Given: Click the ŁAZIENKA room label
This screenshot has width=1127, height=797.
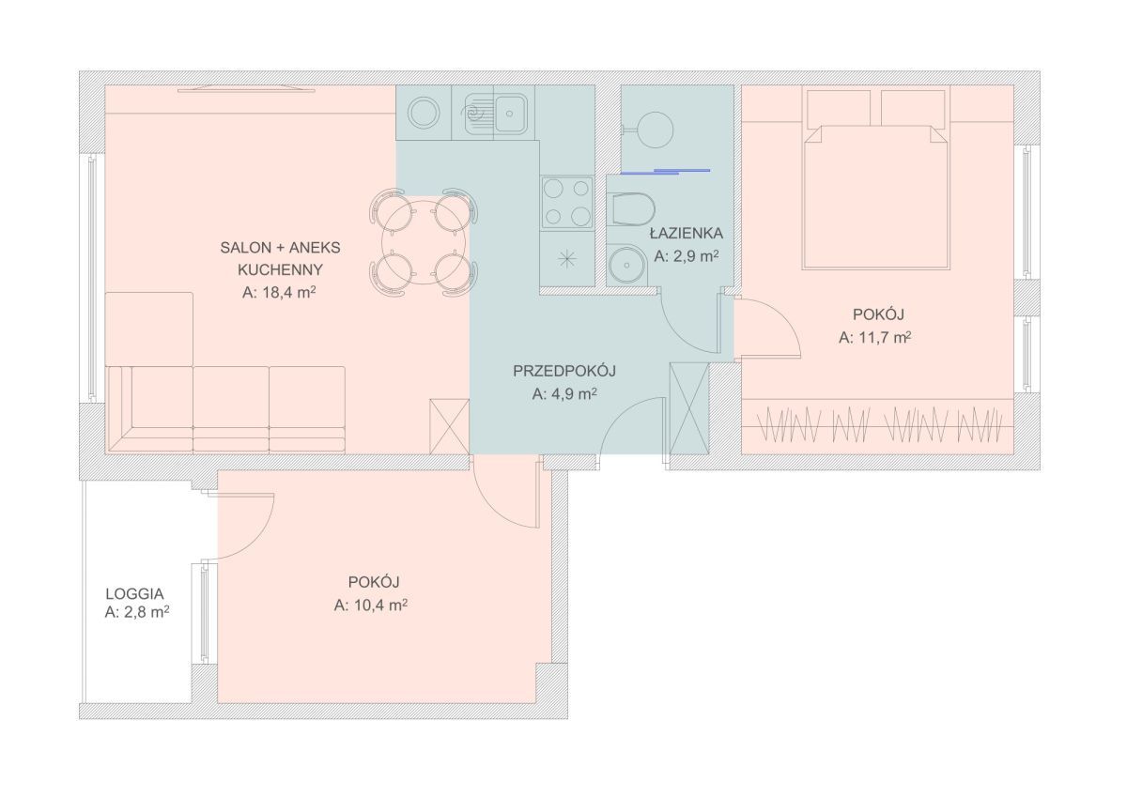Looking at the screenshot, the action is point(687,234).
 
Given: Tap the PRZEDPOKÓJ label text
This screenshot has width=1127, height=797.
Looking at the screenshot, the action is point(564,371).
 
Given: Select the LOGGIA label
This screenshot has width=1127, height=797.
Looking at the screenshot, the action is point(134,594).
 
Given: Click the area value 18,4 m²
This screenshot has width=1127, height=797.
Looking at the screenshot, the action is point(279,293).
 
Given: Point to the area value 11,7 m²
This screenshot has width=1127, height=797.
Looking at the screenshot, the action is point(875,337).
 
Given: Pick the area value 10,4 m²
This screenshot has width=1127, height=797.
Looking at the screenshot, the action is point(370,605).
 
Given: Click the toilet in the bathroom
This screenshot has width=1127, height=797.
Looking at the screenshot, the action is point(630,208).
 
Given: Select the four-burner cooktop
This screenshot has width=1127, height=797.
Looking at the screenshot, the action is point(567,202).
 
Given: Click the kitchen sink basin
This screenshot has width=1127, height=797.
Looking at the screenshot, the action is point(510,114).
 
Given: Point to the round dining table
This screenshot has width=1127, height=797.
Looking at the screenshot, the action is point(424,243).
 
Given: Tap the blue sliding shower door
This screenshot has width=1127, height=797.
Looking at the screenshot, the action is point(665,172).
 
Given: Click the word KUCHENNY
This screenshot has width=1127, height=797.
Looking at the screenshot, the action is point(280,270).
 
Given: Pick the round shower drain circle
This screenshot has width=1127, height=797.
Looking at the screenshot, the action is point(656,129).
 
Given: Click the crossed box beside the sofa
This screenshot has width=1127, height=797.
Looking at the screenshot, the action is point(449,426).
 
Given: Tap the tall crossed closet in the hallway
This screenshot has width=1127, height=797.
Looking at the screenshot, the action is point(689,408).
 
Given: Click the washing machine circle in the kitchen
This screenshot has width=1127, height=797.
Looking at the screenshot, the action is point(424,113).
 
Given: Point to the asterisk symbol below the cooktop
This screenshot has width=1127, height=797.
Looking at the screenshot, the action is point(567,259).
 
